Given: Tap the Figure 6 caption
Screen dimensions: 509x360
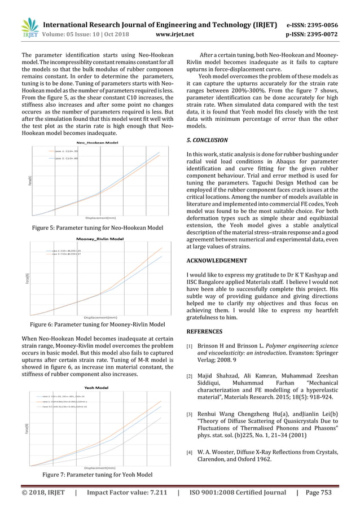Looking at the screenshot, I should (96, 324).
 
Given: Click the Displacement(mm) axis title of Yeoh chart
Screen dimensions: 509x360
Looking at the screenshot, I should (100, 468).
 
